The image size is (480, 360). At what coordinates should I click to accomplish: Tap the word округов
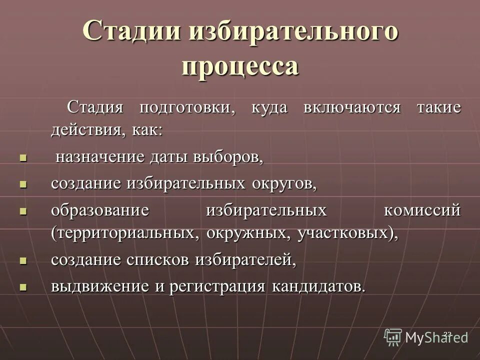tap(284, 183)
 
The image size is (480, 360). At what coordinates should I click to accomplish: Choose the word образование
tap(100, 210)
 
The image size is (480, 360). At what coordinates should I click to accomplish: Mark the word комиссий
tap(422, 210)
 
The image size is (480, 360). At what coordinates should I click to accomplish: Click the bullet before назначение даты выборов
tap(22, 158)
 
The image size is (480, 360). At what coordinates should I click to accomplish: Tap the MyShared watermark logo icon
tap(393, 337)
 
